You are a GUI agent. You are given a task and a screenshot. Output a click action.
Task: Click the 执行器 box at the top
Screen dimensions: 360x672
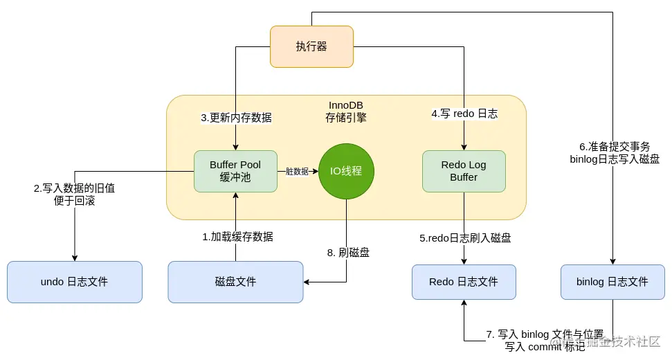311,46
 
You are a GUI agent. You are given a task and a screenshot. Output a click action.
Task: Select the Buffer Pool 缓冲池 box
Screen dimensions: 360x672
235,171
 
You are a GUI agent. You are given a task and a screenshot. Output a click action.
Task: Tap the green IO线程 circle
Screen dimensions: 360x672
346,170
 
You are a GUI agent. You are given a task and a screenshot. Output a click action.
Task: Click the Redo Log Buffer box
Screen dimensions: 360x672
464,171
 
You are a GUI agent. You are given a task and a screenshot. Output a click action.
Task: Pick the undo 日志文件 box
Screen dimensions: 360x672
74,282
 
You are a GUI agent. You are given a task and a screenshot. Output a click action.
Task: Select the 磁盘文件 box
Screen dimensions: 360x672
235,282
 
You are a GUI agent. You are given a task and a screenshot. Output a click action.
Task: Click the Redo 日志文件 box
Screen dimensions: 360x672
464,282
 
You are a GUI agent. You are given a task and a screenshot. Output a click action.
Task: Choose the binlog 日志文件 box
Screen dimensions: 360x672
612,282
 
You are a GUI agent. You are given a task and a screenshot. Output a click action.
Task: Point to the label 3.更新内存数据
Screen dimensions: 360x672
236,118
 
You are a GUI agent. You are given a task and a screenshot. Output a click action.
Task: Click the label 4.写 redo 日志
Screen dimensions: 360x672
464,114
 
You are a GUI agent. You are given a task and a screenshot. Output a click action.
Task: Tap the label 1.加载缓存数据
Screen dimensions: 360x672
237,237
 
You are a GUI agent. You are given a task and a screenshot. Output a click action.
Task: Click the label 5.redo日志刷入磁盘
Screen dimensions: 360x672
465,238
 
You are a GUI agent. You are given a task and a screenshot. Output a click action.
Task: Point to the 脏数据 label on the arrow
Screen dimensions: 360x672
297,171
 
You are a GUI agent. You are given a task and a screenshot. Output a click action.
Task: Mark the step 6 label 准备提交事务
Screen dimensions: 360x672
615,147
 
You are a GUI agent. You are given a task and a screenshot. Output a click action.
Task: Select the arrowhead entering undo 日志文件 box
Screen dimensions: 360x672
74,257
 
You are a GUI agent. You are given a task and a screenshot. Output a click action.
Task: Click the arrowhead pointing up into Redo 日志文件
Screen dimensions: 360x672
464,304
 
